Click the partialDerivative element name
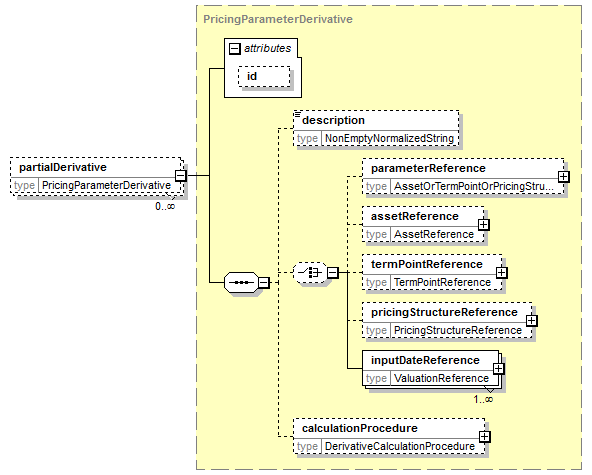(x=63, y=167)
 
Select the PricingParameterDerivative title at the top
(x=278, y=19)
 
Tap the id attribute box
(x=264, y=76)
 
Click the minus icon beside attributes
(x=234, y=48)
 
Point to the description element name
(x=333, y=120)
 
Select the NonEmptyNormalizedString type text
(x=389, y=138)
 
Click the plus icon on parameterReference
(x=564, y=176)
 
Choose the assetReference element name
(x=415, y=216)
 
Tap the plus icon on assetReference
(x=484, y=225)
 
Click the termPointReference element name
(x=427, y=264)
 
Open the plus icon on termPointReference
(x=502, y=273)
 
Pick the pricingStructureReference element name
(x=444, y=312)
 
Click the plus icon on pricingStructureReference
(x=532, y=321)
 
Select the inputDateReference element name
(x=426, y=360)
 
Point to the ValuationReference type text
(x=441, y=378)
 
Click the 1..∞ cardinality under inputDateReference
(x=483, y=399)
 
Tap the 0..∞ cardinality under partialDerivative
(x=165, y=206)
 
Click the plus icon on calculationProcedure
(x=485, y=437)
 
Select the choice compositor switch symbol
(x=310, y=272)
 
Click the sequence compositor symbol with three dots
(x=242, y=282)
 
